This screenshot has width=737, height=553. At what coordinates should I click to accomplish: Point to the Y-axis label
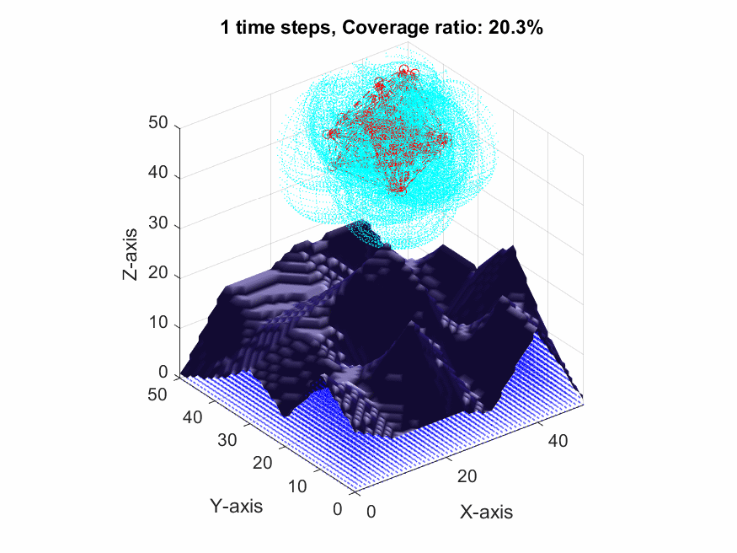click(x=236, y=507)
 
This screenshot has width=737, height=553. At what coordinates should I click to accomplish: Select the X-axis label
click(x=486, y=512)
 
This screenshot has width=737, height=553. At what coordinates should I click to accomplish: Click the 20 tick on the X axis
click(x=467, y=476)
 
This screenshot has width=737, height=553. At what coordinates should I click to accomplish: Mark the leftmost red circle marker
click(x=331, y=133)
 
